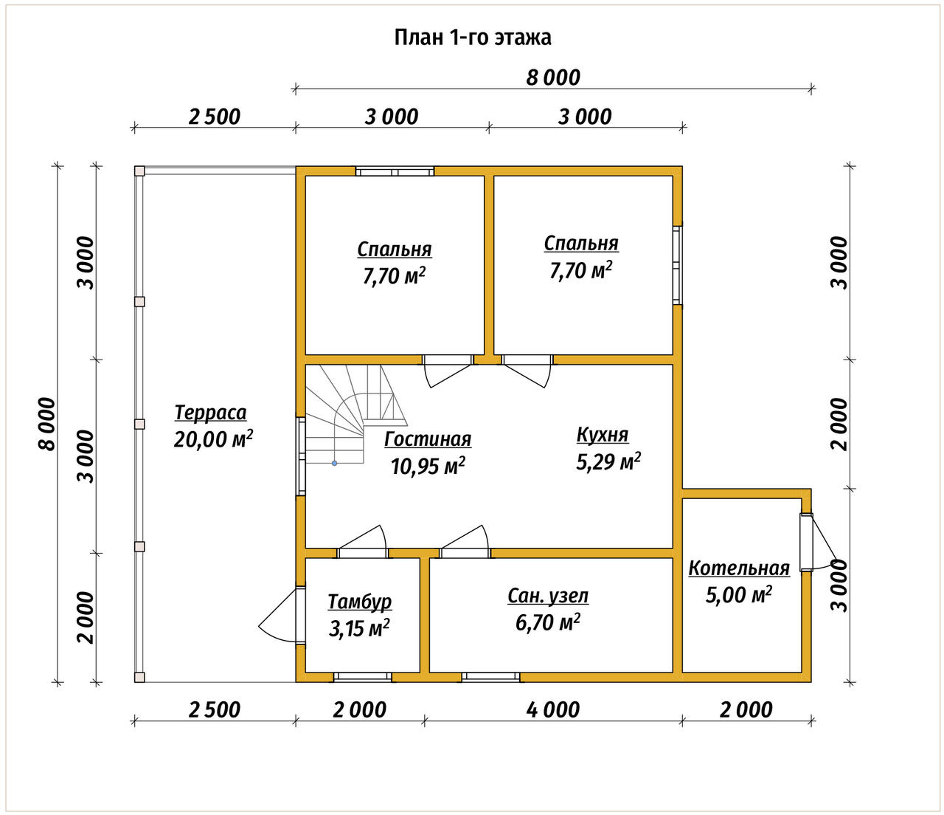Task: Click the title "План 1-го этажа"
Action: click(472, 38)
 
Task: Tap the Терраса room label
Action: click(210, 413)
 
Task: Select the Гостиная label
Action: click(428, 439)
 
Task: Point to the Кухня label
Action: click(603, 434)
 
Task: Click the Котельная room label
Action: click(739, 568)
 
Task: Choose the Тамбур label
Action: click(360, 602)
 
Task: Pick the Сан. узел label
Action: click(548, 596)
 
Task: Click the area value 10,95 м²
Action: click(428, 467)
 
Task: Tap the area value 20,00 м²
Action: click(213, 439)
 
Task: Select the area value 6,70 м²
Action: click(547, 622)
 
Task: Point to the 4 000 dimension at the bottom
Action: click(553, 710)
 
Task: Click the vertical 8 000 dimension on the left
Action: click(47, 424)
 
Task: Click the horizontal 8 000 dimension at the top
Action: click(553, 78)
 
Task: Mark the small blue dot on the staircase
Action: click(334, 463)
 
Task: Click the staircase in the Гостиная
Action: click(356, 415)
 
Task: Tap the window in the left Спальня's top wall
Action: click(395, 171)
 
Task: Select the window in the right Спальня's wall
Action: click(678, 265)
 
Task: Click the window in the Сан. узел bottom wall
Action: click(491, 677)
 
